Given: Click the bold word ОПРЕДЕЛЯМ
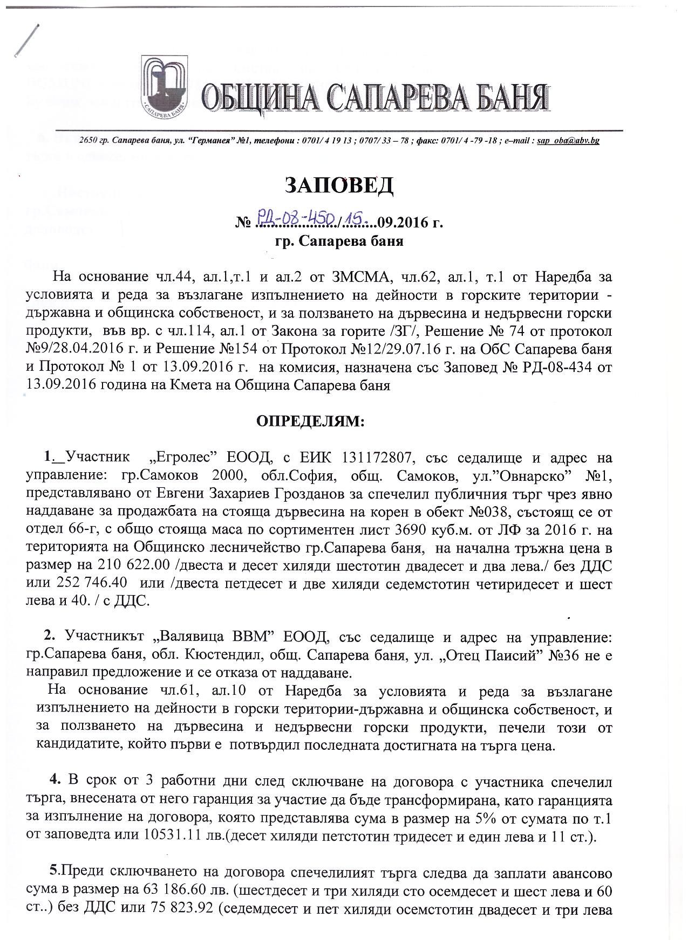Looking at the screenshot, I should coord(310,421).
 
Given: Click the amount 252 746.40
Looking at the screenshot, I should coord(92,584).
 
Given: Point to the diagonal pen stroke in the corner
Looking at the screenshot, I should coord(25,41).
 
